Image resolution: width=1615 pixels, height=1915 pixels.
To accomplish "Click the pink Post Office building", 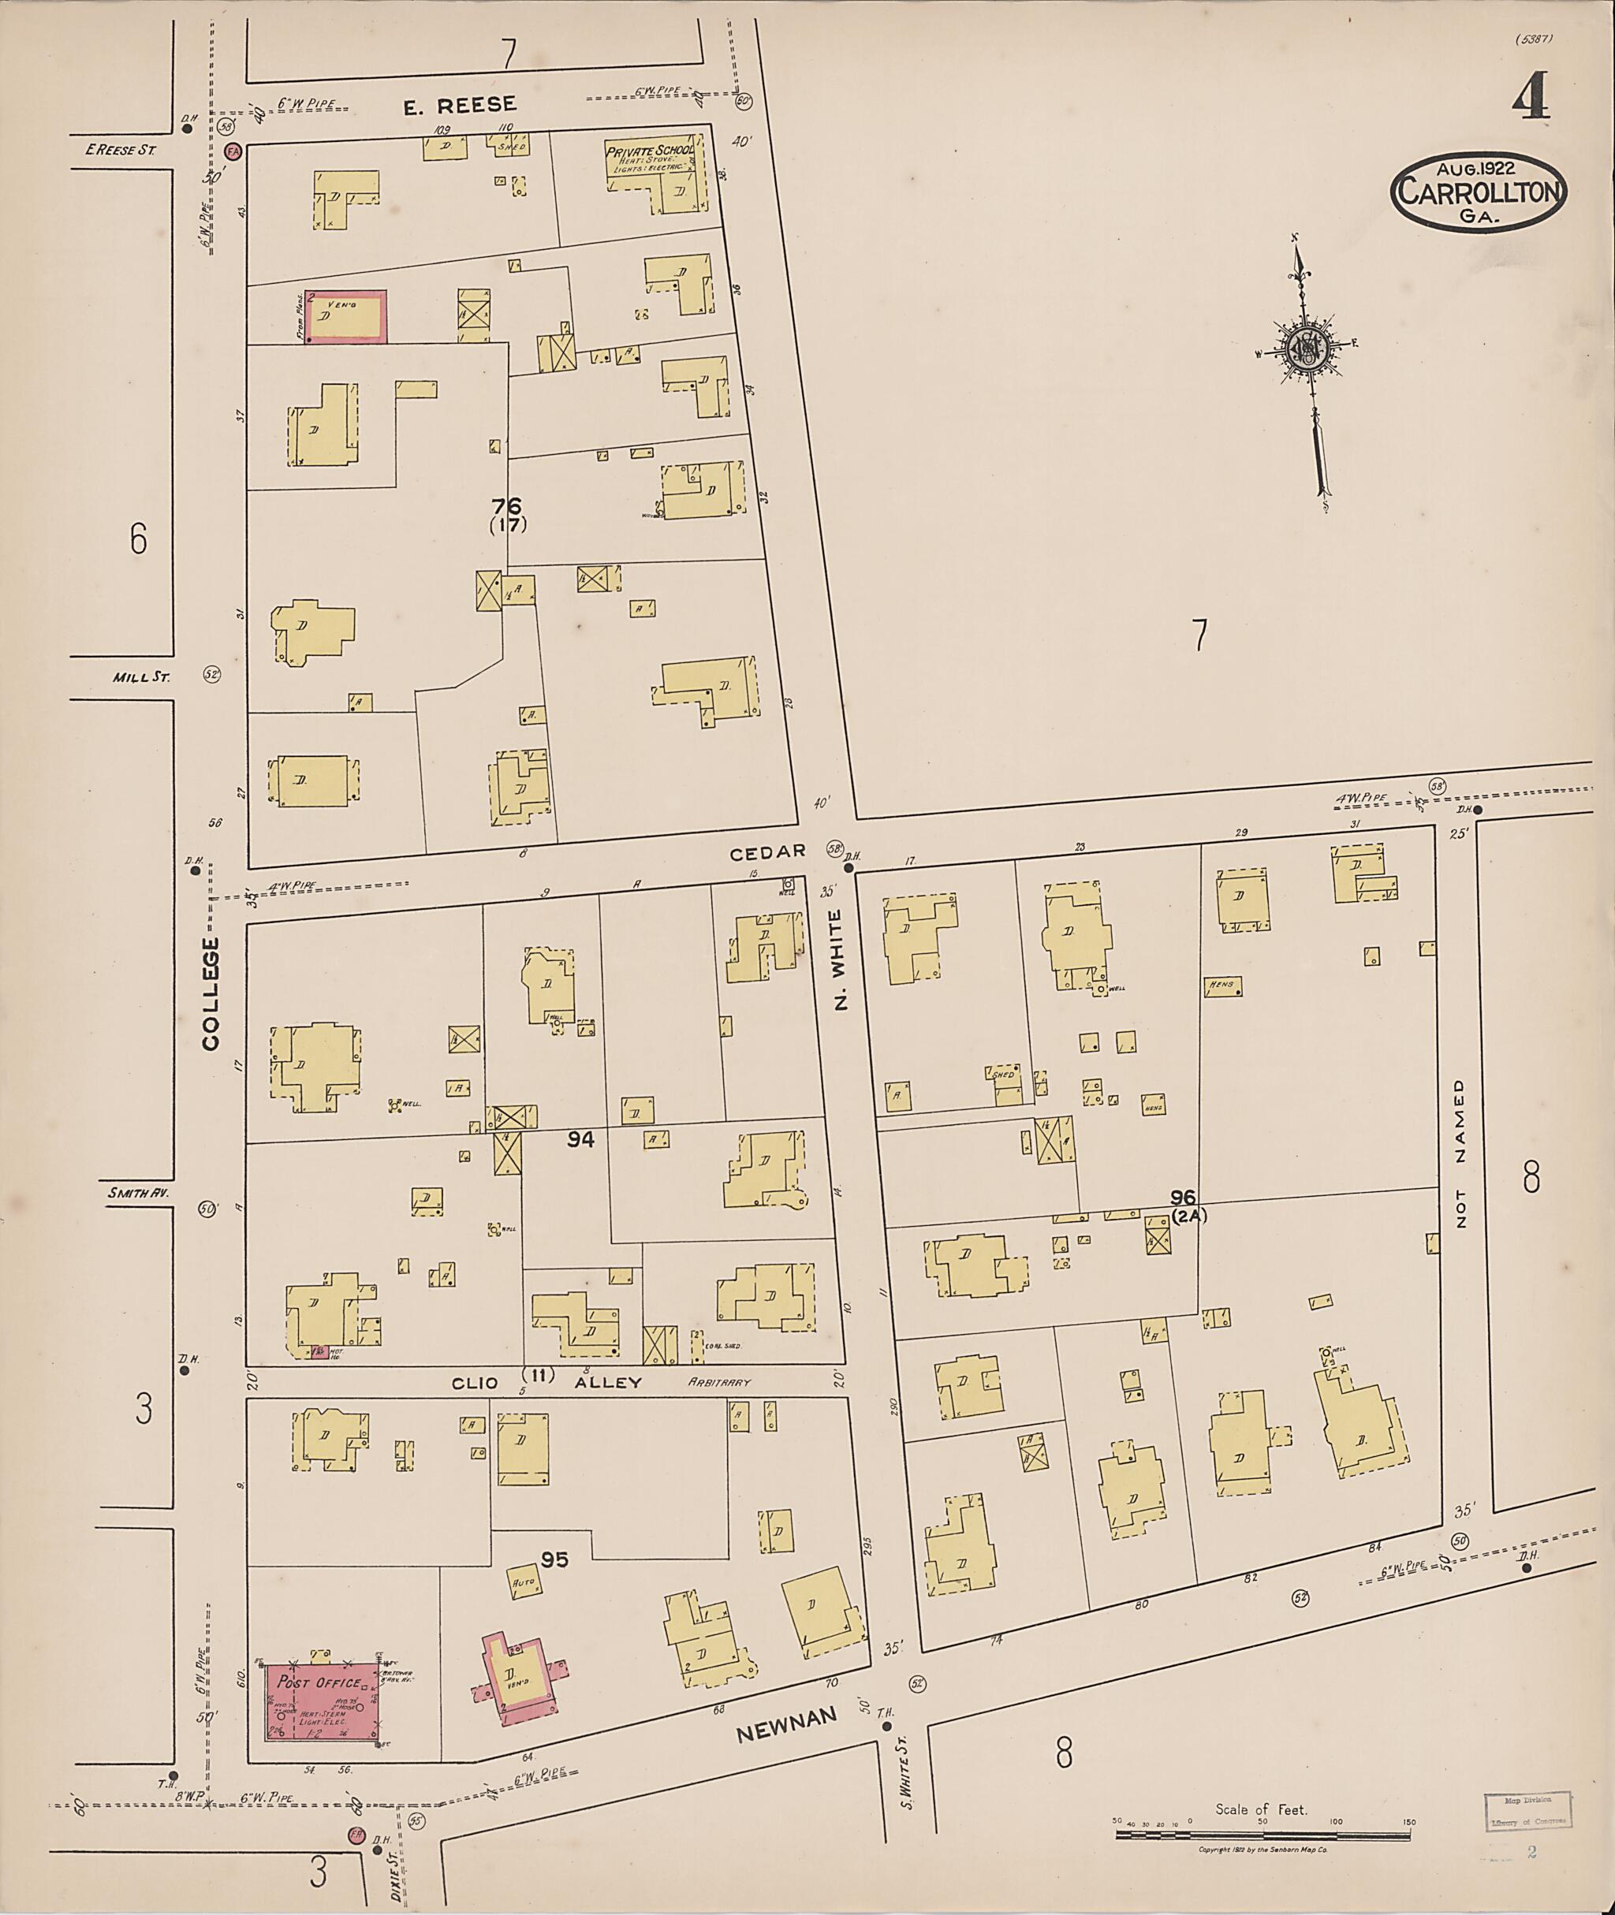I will point(325,1701).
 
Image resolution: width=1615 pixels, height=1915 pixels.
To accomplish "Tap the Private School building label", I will point(650,150).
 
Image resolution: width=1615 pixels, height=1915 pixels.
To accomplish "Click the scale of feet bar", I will point(1263,1835).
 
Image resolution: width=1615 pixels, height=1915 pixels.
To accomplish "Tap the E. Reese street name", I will point(460,106).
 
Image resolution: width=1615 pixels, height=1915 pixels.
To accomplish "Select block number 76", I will point(506,506).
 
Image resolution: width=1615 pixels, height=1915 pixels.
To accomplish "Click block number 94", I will point(580,1140).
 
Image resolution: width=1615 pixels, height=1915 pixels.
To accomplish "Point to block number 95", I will point(555,1559).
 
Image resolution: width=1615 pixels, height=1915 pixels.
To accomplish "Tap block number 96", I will point(1183,1197).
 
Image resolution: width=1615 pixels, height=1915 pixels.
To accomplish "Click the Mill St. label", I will point(135,677).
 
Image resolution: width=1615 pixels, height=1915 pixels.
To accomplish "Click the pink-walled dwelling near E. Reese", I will point(345,317).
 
